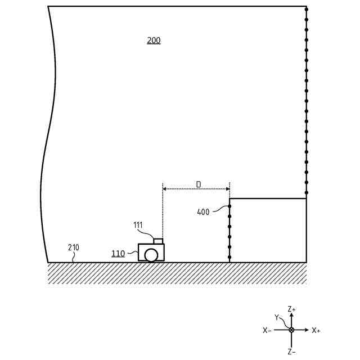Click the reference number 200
pyautogui.click(x=154, y=40)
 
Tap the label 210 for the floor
pyautogui.click(x=74, y=247)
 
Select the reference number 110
pyautogui.click(x=118, y=254)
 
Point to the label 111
pyautogui.click(x=138, y=225)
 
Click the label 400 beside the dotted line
pyautogui.click(x=203, y=212)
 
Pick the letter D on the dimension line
pyautogui.click(x=198, y=184)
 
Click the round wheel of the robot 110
pyautogui.click(x=151, y=255)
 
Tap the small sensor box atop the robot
pyautogui.click(x=158, y=241)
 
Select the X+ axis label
pyautogui.click(x=316, y=331)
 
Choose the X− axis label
pyautogui.click(x=267, y=331)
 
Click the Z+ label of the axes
pyautogui.click(x=291, y=309)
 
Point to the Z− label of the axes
pyautogui.click(x=291, y=352)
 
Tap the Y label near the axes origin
pyautogui.click(x=277, y=317)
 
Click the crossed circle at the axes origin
pyautogui.click(x=291, y=330)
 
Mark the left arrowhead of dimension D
pyautogui.click(x=164, y=189)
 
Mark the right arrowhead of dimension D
pyautogui.click(x=228, y=189)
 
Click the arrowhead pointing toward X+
pyautogui.click(x=307, y=330)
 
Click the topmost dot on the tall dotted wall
pyautogui.click(x=306, y=10)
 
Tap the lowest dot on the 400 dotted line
pyautogui.click(x=229, y=258)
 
